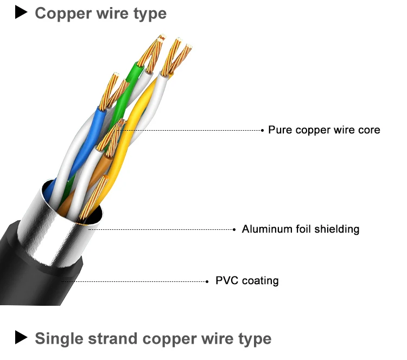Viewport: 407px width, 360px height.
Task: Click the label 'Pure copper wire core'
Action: point(324,130)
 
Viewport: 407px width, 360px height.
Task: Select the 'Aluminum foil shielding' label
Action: point(300,229)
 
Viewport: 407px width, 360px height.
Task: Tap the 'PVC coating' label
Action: point(247,281)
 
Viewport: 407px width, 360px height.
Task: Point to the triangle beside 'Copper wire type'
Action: point(21,12)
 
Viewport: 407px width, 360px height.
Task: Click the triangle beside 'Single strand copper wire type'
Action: point(21,338)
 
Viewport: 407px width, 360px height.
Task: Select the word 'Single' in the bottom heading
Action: point(58,339)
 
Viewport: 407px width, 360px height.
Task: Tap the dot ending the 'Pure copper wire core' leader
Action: point(262,130)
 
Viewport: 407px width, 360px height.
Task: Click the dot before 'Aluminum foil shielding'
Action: point(236,229)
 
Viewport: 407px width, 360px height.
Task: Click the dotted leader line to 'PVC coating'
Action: point(136,281)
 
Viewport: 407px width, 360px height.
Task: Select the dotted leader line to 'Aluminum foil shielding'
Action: point(163,229)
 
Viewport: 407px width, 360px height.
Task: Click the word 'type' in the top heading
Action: point(150,13)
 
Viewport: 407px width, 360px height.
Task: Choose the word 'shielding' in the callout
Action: point(337,229)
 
